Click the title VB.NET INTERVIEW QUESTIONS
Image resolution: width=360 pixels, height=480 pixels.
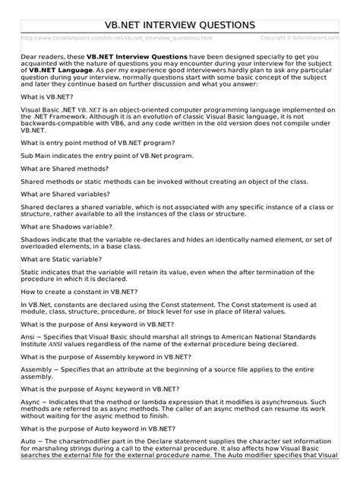(180, 25)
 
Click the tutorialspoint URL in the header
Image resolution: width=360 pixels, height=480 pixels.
(117, 37)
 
